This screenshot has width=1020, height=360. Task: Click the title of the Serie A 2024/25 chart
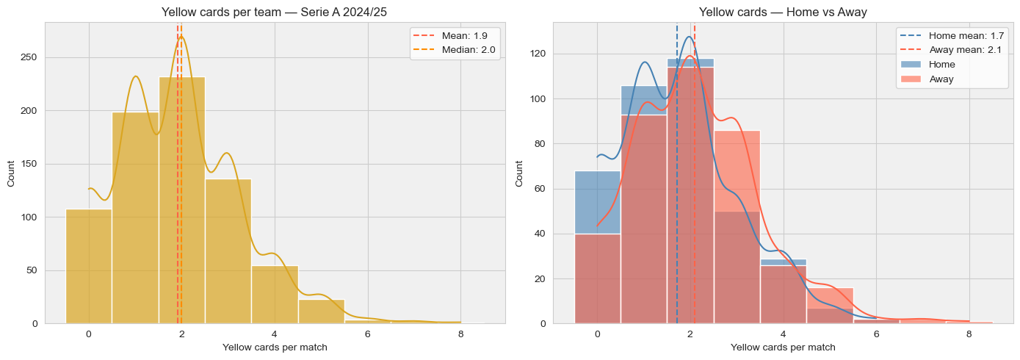(x=275, y=12)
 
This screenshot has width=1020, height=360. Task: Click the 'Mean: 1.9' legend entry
(x=453, y=35)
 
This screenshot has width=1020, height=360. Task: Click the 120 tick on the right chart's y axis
(x=538, y=54)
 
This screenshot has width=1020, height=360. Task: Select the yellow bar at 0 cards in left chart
(x=89, y=272)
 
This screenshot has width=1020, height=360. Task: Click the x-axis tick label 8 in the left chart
(x=460, y=334)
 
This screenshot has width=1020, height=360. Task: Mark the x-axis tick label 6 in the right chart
(x=876, y=334)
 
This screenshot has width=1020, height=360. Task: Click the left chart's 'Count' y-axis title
(x=11, y=173)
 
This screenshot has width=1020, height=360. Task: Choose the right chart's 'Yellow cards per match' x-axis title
(x=784, y=347)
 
